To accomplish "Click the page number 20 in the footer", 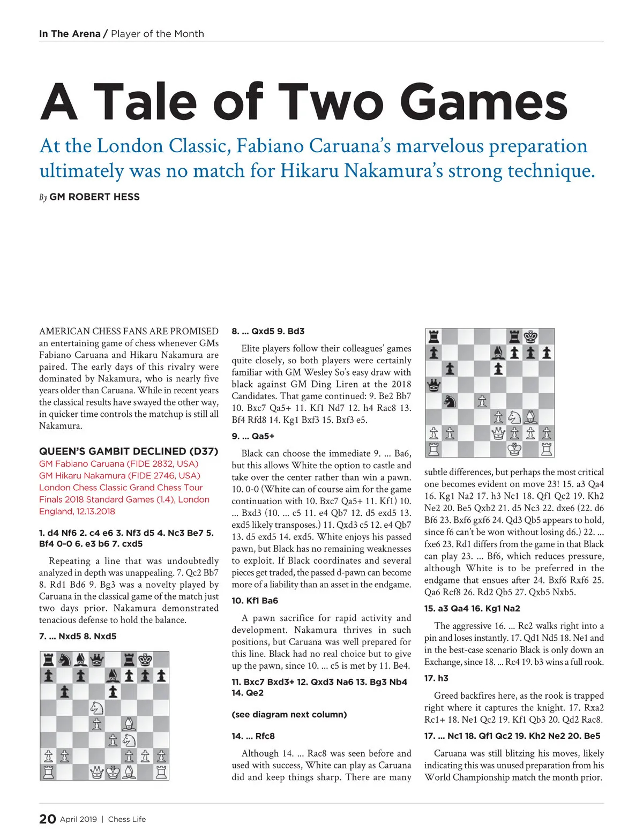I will pyautogui.click(x=47, y=819).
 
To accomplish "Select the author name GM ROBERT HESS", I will pyautogui.click(x=94, y=197).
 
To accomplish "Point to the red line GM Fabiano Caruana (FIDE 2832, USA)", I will pyautogui.click(x=118, y=463).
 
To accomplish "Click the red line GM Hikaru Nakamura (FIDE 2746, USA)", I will pyautogui.click(x=119, y=475).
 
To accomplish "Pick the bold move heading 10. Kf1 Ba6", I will pyautogui.click(x=255, y=601).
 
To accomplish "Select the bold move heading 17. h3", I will pyautogui.click(x=436, y=678).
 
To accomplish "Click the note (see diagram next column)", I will pyautogui.click(x=289, y=714).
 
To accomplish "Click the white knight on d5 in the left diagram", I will pyautogui.click(x=96, y=708).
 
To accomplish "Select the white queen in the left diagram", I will pyautogui.click(x=96, y=772).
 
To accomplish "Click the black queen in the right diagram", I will pyautogui.click(x=433, y=385).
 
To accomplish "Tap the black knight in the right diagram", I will pyautogui.click(x=450, y=401).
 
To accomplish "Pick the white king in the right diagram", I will pyautogui.click(x=514, y=449).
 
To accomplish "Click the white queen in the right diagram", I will pyautogui.click(x=498, y=433).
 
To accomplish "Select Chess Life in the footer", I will pyautogui.click(x=127, y=819).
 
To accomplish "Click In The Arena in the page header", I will pyautogui.click(x=70, y=34).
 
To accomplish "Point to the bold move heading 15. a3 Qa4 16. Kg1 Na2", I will pyautogui.click(x=472, y=608).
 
